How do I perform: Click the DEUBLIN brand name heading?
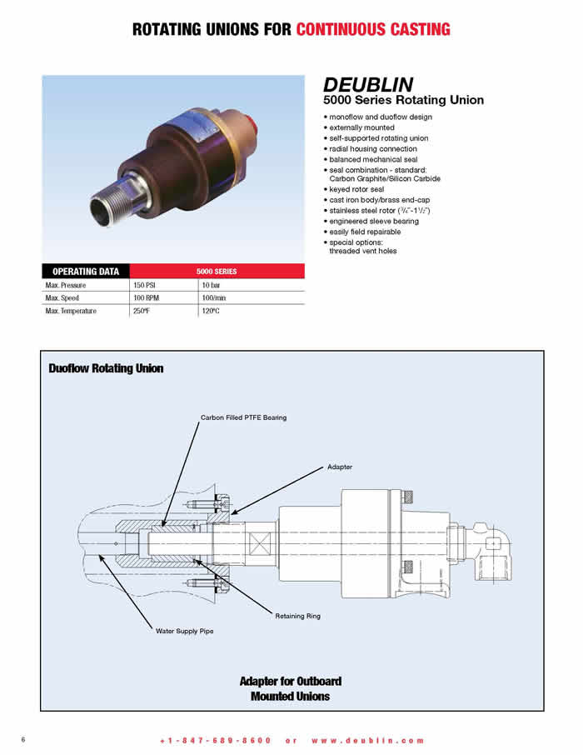(368, 85)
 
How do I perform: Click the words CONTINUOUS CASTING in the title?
(373, 29)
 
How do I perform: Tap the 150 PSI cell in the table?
(144, 285)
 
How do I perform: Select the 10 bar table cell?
(211, 285)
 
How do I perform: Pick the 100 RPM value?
(146, 298)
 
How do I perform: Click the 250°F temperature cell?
(142, 311)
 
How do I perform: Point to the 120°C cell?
(211, 311)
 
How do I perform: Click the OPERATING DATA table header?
(86, 271)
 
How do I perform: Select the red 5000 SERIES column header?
(217, 271)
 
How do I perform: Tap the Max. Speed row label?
(62, 298)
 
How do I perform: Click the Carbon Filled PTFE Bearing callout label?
(243, 417)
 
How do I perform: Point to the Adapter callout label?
(340, 467)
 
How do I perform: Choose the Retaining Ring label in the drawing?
(297, 616)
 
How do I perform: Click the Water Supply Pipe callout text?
(184, 631)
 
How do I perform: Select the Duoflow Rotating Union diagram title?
(106, 368)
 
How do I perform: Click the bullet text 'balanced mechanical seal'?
(374, 159)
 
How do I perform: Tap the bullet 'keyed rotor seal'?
(356, 189)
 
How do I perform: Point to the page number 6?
(23, 739)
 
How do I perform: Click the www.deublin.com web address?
(368, 741)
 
